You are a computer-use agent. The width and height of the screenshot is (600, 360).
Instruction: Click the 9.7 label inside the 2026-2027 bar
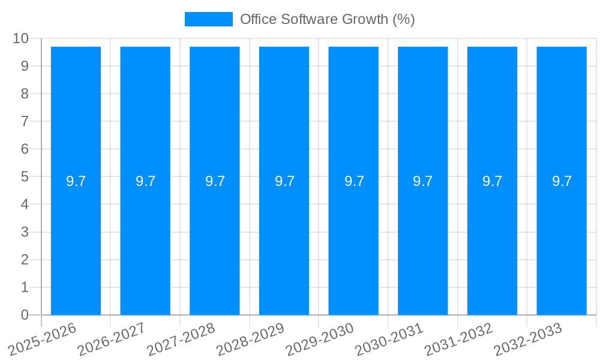coord(145,181)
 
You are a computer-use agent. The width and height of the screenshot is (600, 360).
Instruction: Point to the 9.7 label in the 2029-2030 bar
coord(354,181)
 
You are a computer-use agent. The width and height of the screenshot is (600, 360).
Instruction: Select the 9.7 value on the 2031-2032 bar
coord(492,181)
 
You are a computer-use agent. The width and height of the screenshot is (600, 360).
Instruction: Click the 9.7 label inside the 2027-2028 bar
coord(215,181)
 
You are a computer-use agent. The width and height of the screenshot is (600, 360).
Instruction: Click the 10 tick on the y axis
coord(20,38)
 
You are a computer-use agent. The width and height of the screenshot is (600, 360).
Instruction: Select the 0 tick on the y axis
coord(25,315)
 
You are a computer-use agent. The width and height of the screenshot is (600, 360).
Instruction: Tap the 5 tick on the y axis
coord(25,177)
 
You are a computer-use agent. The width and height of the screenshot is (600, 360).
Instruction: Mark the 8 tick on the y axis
coord(25,94)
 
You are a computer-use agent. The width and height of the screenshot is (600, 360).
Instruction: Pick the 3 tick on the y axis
coord(25,232)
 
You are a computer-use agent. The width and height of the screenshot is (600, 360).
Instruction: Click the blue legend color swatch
coord(208,19)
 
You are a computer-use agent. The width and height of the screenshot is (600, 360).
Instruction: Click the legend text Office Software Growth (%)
coord(327,19)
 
